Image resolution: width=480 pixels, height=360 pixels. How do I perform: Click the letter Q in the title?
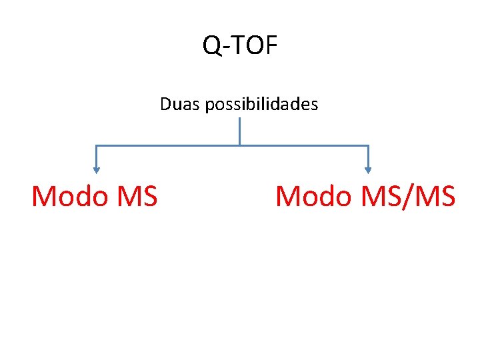click(212, 46)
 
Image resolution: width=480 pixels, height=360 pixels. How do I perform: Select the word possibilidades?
click(262, 105)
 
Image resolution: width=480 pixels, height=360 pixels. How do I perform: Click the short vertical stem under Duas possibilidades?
click(239, 131)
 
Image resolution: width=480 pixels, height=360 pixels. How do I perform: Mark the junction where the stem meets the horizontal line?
click(239, 145)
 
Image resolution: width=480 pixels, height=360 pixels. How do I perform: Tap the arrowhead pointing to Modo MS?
click(97, 170)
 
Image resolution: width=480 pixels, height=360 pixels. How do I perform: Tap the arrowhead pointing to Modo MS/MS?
click(368, 170)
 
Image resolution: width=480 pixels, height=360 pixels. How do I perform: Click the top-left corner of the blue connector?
click(97, 145)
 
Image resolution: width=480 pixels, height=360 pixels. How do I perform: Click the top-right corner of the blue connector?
click(368, 145)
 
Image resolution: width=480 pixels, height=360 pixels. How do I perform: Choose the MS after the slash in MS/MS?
click(434, 197)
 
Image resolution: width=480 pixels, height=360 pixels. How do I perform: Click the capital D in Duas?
click(165, 105)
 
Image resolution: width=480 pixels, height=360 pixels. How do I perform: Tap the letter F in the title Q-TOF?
click(270, 45)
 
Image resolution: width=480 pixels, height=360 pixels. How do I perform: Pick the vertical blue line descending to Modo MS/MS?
click(368, 157)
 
